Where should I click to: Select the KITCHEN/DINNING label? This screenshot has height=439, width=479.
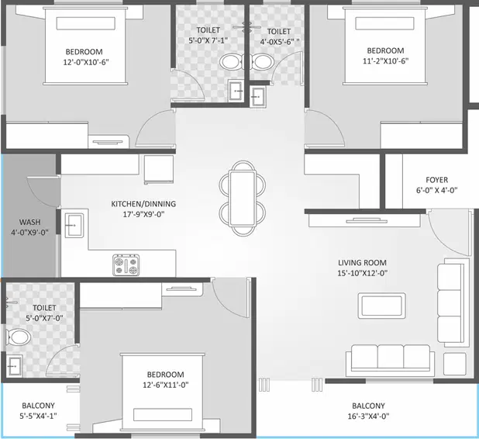(x=143, y=204)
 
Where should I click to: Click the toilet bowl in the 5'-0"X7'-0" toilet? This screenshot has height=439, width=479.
(x=19, y=336)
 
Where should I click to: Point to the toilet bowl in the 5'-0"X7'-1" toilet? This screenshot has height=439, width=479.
(x=230, y=62)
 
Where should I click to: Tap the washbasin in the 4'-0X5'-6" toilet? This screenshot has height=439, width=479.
(x=258, y=95)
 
